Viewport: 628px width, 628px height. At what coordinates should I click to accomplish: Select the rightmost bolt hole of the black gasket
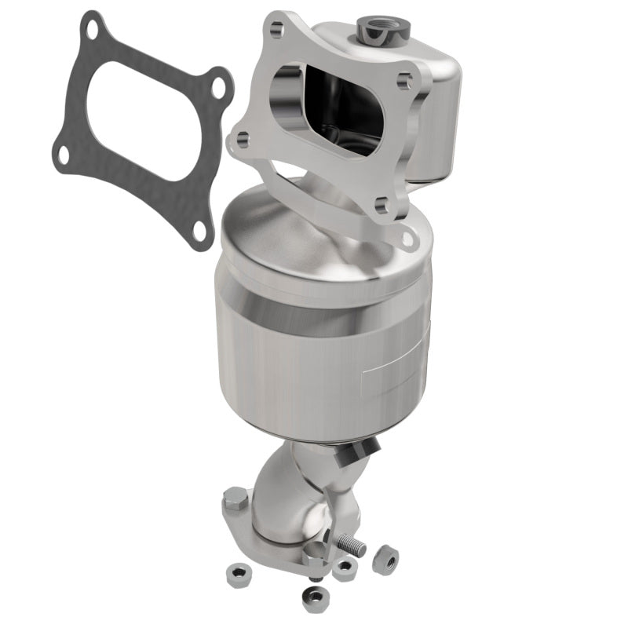click(x=217, y=86)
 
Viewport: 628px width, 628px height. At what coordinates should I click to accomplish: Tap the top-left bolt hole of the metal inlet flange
click(x=276, y=31)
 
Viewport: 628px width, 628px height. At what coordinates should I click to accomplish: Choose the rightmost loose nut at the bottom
click(x=385, y=559)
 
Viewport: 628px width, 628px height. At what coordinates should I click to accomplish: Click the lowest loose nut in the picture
click(x=315, y=598)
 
